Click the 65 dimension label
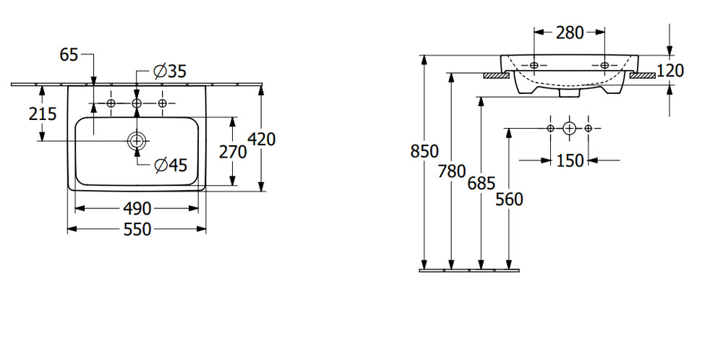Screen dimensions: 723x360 coord(69,55)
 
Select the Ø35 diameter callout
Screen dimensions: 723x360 coord(169,72)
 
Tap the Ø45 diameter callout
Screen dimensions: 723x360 coord(171,165)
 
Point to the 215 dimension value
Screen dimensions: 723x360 coord(43,113)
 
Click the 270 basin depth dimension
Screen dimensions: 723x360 coord(233,152)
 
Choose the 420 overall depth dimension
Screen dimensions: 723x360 coord(262,139)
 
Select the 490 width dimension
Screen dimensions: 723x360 coord(137,209)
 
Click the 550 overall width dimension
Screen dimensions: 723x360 coord(137,229)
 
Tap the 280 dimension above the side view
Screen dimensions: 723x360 coord(570,33)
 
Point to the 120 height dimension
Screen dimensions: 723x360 coord(670,71)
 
